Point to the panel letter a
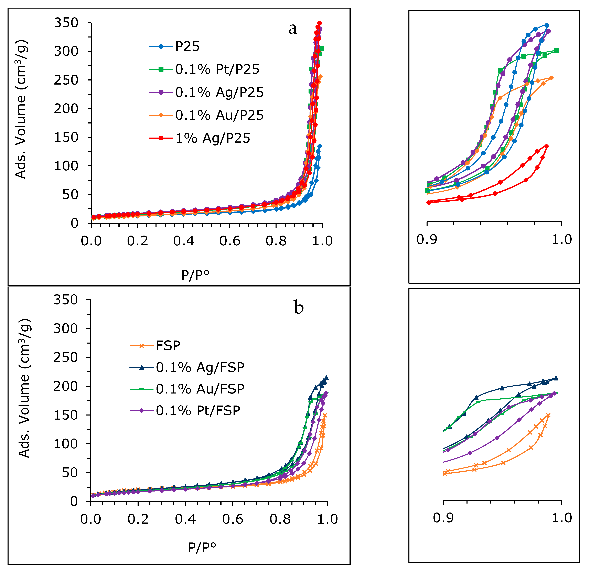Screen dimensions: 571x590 pos(293,29)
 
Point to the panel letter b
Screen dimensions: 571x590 pos(299,308)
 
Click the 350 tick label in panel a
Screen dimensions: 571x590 pos(66,23)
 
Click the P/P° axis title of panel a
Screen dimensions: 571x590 pos(195,275)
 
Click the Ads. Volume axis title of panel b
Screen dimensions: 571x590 pos(24,388)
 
